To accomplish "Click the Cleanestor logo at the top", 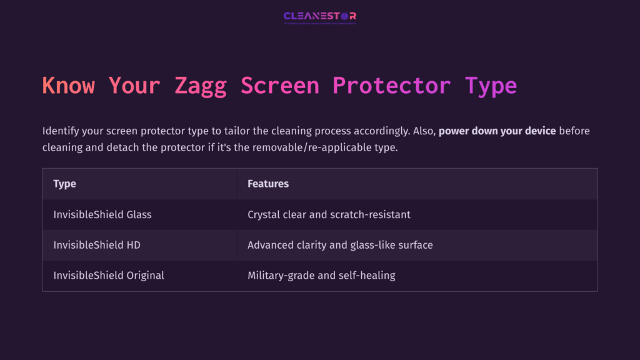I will [x=319, y=17].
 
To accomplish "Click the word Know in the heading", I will [x=68, y=85].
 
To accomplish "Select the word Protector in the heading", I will [x=391, y=85].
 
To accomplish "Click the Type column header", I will [x=64, y=184].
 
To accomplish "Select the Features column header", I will [x=268, y=184].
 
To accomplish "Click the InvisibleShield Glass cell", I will [x=102, y=214].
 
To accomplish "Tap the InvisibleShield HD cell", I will [x=97, y=245].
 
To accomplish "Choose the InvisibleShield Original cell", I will [x=109, y=276].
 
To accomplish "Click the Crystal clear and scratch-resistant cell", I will [x=329, y=214].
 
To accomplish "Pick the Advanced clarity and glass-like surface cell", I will [x=340, y=245].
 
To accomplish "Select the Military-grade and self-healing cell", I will [x=321, y=276].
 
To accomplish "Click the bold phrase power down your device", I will [x=497, y=131].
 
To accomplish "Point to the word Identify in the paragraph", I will [x=61, y=131].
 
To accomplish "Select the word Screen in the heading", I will [x=280, y=85].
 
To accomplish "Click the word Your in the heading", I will [x=134, y=85].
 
